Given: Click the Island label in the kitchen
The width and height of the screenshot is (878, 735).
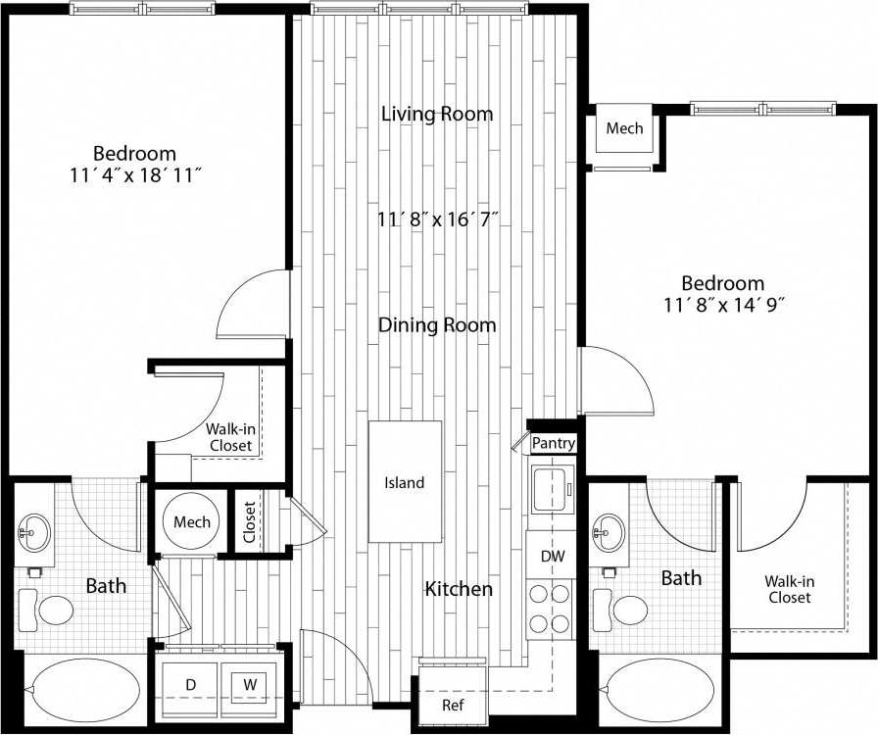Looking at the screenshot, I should pyautogui.click(x=404, y=482).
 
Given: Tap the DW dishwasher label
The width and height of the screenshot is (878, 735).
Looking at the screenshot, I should pyautogui.click(x=552, y=556).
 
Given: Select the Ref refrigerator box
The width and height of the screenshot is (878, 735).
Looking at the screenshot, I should pyautogui.click(x=452, y=705).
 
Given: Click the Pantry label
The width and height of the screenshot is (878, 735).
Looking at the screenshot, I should pyautogui.click(x=553, y=444).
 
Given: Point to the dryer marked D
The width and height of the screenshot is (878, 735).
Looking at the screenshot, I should pyautogui.click(x=191, y=682).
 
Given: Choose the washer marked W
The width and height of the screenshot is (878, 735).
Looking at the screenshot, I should pyautogui.click(x=250, y=682).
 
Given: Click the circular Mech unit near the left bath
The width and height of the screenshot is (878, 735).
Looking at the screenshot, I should pyautogui.click(x=192, y=522).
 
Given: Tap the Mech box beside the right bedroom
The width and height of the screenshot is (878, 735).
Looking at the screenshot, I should pyautogui.click(x=624, y=129).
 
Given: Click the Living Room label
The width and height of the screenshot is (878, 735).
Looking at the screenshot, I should pyautogui.click(x=437, y=114).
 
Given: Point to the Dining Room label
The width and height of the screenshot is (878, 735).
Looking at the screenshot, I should pyautogui.click(x=437, y=324).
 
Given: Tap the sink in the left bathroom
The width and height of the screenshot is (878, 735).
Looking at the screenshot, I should pyautogui.click(x=33, y=534).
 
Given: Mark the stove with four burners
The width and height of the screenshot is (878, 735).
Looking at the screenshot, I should pyautogui.click(x=549, y=608).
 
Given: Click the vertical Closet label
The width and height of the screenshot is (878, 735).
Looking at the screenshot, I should pyautogui.click(x=250, y=521).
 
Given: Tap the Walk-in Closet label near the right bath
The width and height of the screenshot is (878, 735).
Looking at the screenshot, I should pyautogui.click(x=790, y=589).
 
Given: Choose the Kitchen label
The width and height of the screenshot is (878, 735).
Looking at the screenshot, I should pyautogui.click(x=458, y=589).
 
